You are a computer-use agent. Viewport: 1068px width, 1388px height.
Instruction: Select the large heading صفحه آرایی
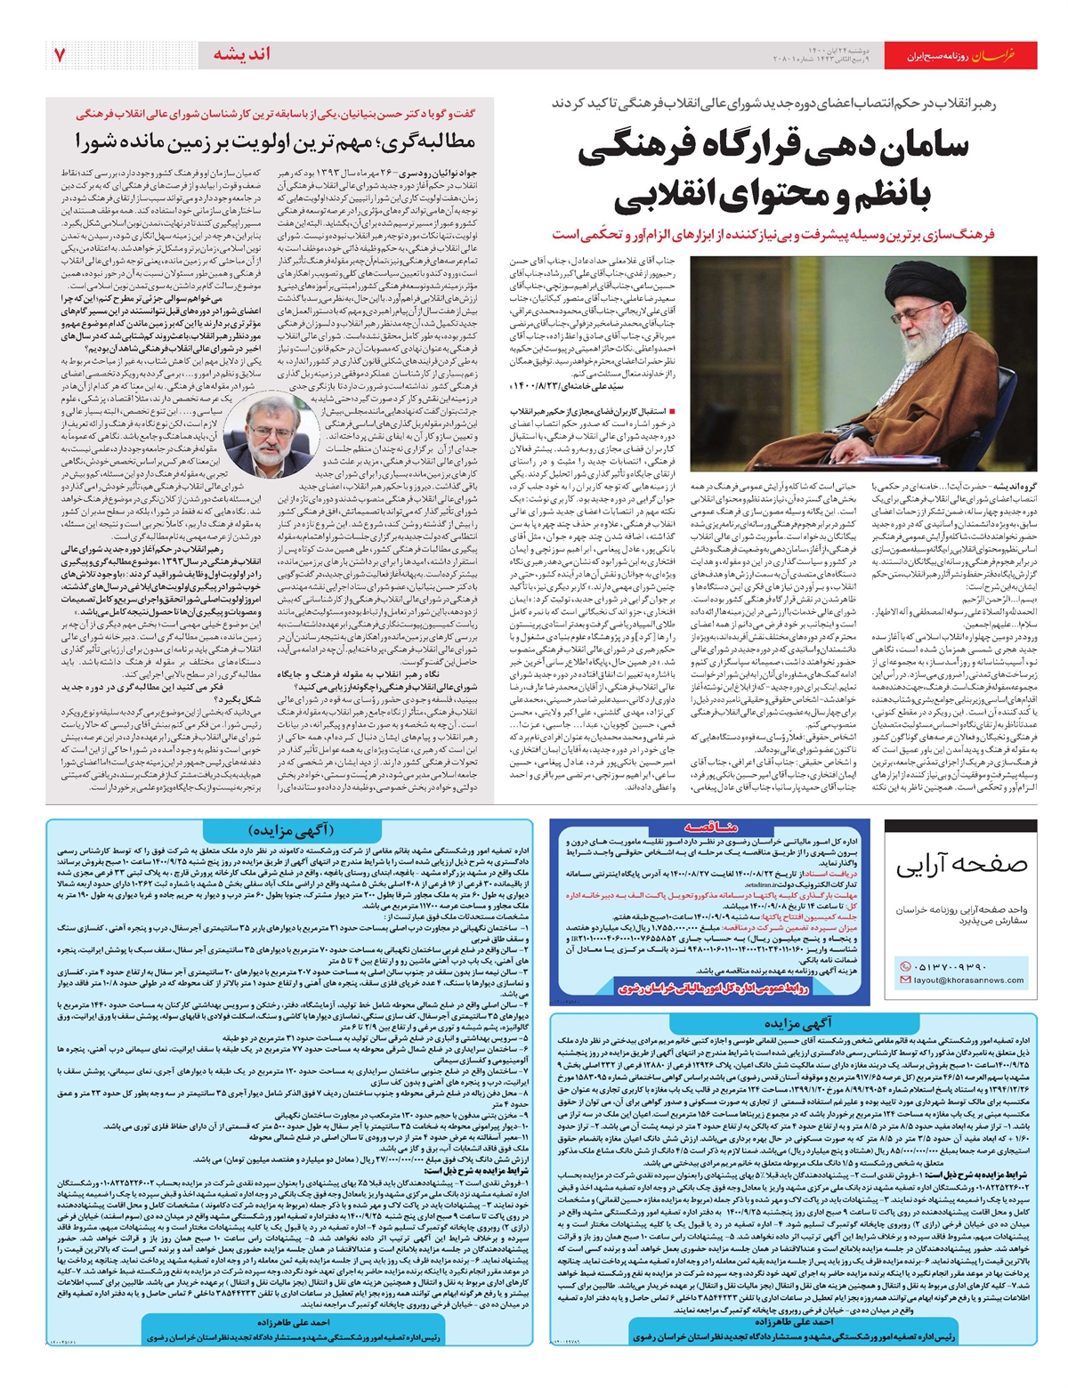click(x=961, y=864)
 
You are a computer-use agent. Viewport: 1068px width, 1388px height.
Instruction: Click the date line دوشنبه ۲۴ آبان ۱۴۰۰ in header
click(x=840, y=51)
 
